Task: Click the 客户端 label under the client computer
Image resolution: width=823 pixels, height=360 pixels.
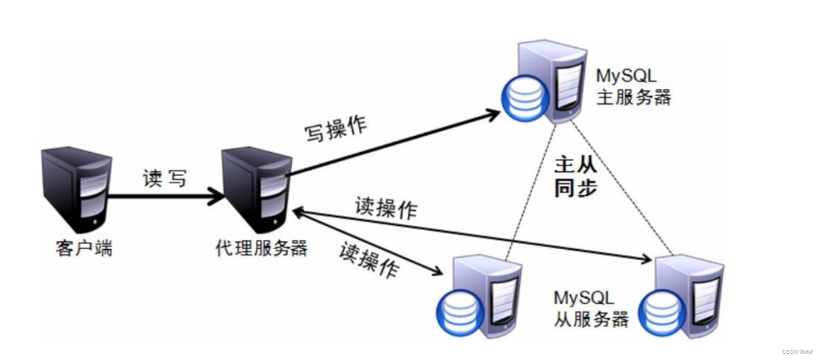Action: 84,249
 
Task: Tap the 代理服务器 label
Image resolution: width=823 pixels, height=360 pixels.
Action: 261,248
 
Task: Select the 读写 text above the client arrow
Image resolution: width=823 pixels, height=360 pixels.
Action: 165,179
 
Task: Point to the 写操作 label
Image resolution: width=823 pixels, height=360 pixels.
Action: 336,129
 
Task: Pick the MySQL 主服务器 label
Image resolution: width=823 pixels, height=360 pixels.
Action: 633,87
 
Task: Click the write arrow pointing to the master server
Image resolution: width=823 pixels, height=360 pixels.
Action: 393,143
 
